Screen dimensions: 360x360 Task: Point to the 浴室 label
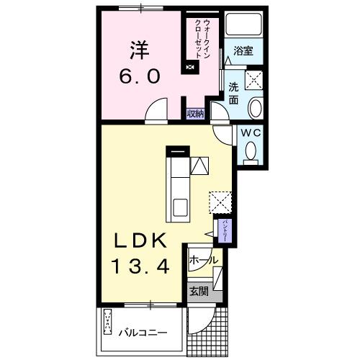pyautogui.click(x=243, y=52)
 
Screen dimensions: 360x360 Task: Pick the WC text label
pyautogui.click(x=251, y=133)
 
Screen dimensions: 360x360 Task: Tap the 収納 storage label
pyautogui.click(x=196, y=114)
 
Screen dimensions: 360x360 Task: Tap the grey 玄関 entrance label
pyautogui.click(x=199, y=292)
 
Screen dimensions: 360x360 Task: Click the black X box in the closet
pyautogui.click(x=190, y=68)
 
